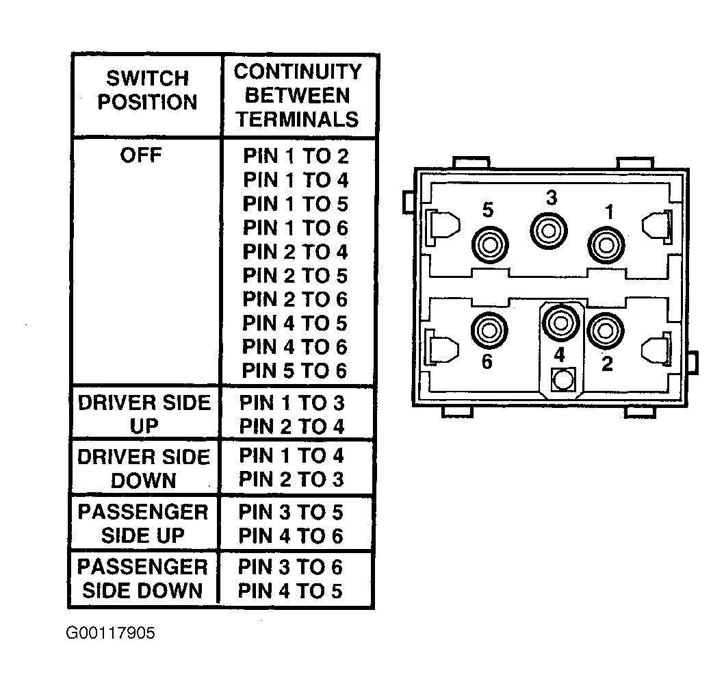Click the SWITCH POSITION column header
(x=147, y=90)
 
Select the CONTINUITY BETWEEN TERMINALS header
(x=298, y=95)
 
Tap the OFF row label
(x=141, y=155)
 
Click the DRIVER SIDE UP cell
(x=144, y=414)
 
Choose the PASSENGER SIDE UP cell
(x=142, y=524)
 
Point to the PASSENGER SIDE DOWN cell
(x=142, y=578)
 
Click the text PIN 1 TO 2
(x=296, y=156)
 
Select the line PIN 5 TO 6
(x=294, y=370)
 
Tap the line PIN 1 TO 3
(x=292, y=402)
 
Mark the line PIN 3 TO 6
(x=290, y=567)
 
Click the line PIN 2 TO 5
(x=295, y=275)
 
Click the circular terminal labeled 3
(x=549, y=231)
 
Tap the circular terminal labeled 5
(x=490, y=244)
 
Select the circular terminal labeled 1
(x=606, y=245)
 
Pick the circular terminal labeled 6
(x=489, y=330)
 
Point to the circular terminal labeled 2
(x=606, y=331)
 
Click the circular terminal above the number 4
(x=560, y=322)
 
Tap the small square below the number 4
(x=563, y=380)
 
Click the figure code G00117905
(x=110, y=632)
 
